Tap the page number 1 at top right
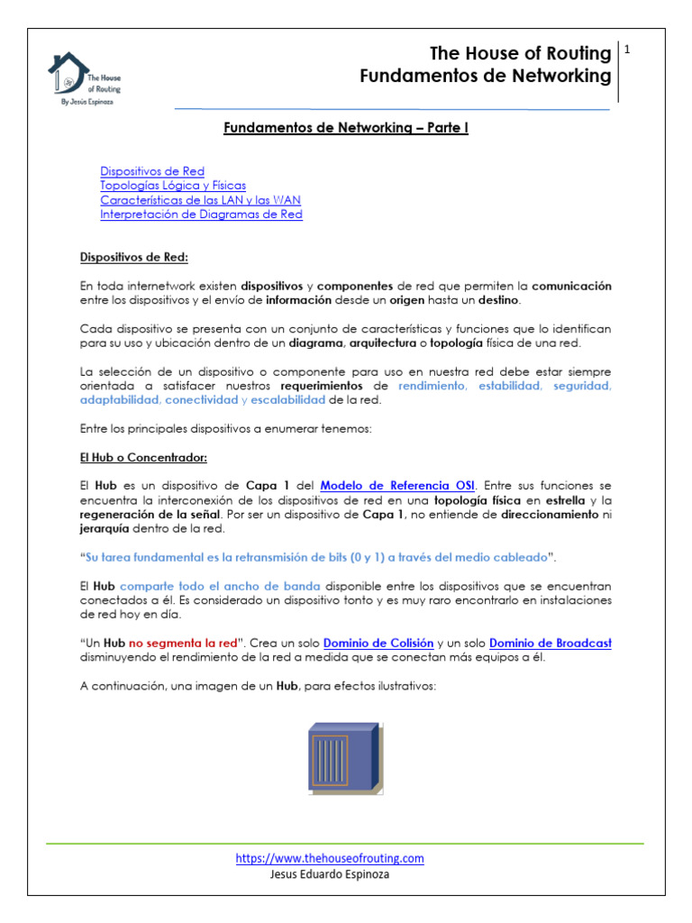click(627, 50)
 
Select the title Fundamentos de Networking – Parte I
click(346, 128)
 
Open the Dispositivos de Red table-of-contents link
click(152, 171)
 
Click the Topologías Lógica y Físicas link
click(173, 186)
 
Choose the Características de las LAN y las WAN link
click(200, 200)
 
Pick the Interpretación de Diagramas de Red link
click(201, 215)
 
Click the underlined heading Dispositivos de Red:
click(134, 258)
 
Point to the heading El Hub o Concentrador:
click(145, 458)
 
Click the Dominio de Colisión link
click(378, 643)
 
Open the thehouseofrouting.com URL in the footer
click(330, 859)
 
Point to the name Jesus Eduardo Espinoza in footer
click(330, 873)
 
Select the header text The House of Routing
click(520, 54)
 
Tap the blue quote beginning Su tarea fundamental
click(317, 556)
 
